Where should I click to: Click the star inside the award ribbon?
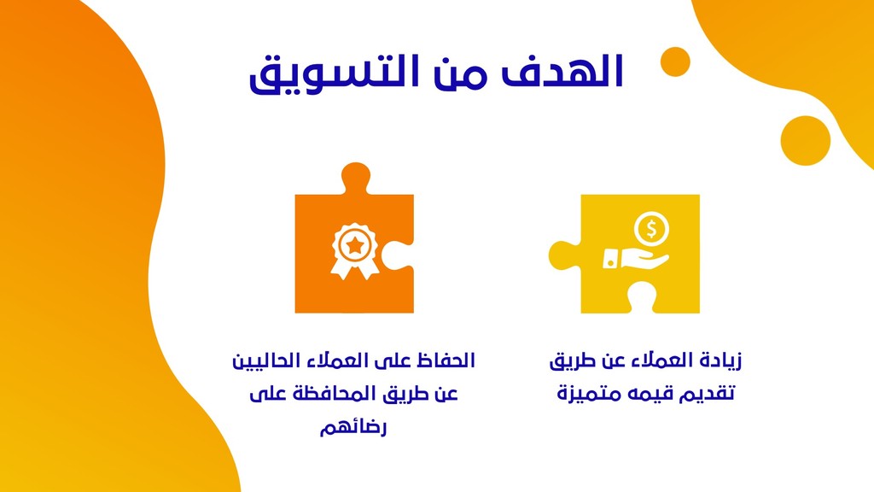pos(354,245)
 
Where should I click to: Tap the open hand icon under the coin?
pos(636,259)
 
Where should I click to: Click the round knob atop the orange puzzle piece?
pos(356,178)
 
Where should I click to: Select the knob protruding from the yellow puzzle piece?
pos(564,255)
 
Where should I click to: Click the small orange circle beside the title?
pos(675,61)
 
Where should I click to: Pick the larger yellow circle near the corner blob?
pos(806,141)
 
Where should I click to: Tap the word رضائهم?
pos(353,428)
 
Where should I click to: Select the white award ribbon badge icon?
pos(354,251)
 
